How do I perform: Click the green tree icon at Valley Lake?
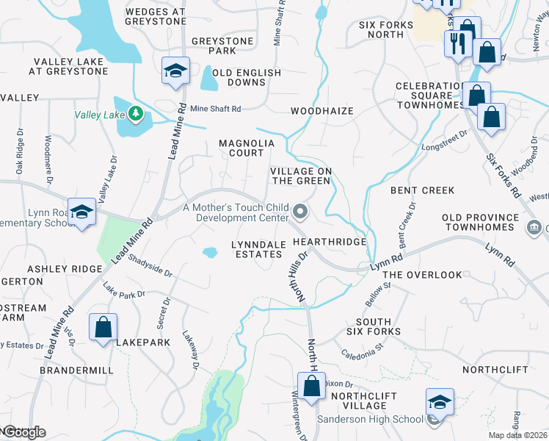point(134,113)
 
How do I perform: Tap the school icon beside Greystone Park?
point(175,71)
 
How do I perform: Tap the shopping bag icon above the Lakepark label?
point(103,327)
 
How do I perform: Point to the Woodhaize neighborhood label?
point(321,111)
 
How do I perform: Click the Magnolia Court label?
point(241,148)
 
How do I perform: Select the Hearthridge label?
point(329,241)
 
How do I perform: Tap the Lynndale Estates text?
point(257,249)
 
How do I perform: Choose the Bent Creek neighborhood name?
point(422,190)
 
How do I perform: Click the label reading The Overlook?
point(423,275)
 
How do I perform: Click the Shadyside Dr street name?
point(150,265)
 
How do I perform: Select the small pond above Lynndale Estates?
point(210,253)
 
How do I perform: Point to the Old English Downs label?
point(247,77)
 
